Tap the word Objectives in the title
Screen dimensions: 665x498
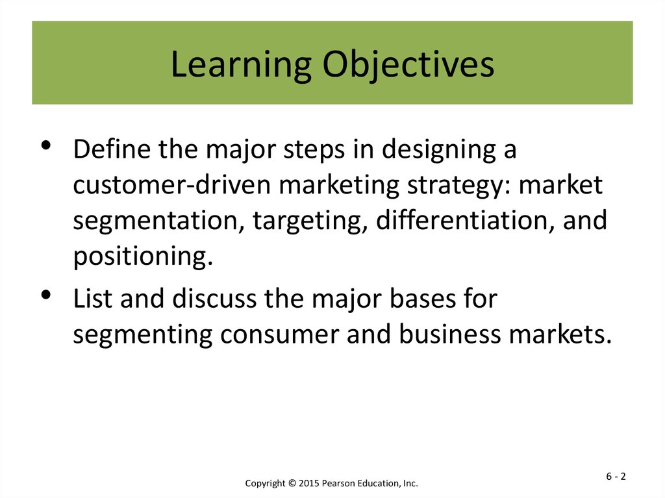pyautogui.click(x=408, y=65)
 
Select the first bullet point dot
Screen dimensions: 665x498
pyautogui.click(x=46, y=145)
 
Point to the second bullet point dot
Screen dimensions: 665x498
pyautogui.click(x=46, y=294)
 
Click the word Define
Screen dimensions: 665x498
pyautogui.click(x=112, y=149)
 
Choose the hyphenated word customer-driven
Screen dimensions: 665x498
pyautogui.click(x=171, y=184)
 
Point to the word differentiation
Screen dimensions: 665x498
pyautogui.click(x=465, y=221)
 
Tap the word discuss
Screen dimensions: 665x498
pyautogui.click(x=214, y=298)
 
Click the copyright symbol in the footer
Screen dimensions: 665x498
pyautogui.click(x=292, y=483)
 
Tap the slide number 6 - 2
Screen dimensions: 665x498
pyautogui.click(x=616, y=477)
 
